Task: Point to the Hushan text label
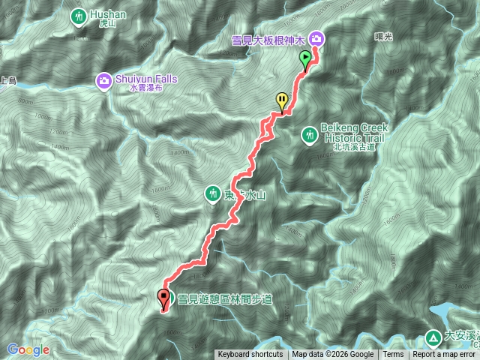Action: coord(104,14)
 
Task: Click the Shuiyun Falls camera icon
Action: coord(103,79)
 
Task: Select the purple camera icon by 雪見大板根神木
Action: coord(316,37)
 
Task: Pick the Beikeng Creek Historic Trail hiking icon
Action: coord(309,135)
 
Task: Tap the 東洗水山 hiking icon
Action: coord(213,194)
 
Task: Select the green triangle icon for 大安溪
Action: coord(433,337)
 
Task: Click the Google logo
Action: coord(28,349)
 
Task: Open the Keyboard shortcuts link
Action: coord(250,355)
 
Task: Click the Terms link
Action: coord(394,355)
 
